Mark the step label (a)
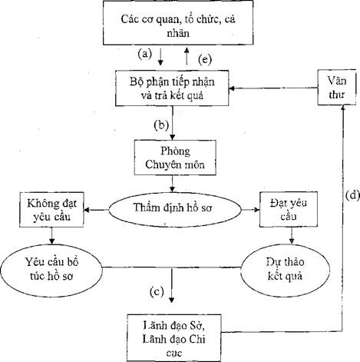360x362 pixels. pos(145,54)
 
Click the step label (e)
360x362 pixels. pos(205,59)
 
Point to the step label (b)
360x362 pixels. pos(161,125)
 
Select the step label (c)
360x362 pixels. pos(157,292)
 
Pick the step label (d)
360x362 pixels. pos(352,195)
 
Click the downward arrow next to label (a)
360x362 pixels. pos(160,56)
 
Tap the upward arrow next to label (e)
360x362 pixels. pos(187,56)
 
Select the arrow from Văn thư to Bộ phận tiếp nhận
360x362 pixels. pos(273,88)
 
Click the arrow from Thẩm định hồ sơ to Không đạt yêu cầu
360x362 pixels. pos(97,210)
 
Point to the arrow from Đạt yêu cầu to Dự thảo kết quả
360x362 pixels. pos(292,235)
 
